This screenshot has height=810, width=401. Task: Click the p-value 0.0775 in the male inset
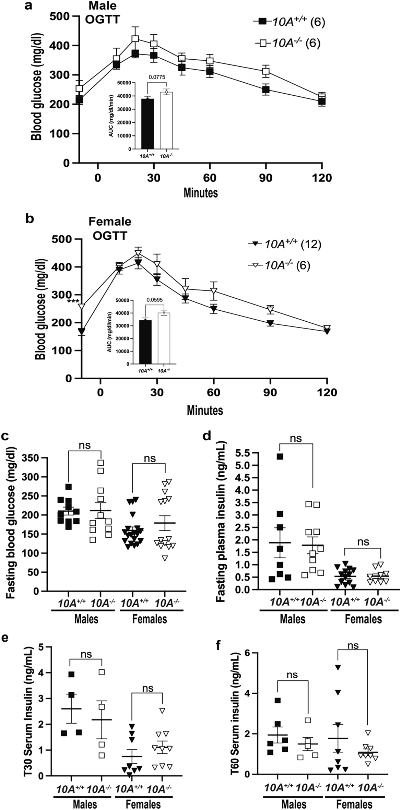click(157, 77)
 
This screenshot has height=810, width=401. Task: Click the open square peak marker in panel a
click(135, 39)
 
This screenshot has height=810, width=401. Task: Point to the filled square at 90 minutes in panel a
click(266, 90)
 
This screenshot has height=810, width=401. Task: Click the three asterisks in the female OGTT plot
click(73, 302)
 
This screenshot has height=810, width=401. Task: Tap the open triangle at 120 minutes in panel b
click(327, 328)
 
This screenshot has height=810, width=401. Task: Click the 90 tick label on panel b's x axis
click(270, 392)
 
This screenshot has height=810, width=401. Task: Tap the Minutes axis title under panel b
click(205, 410)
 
